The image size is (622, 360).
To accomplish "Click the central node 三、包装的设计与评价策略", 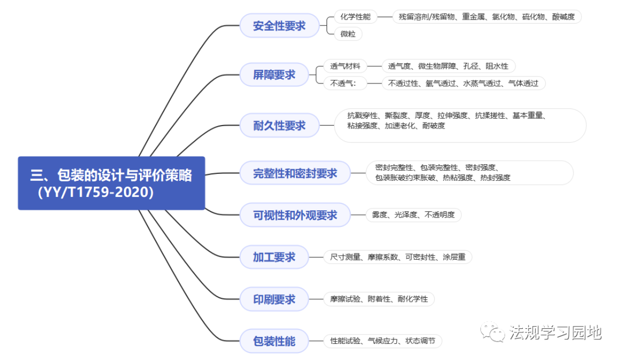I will click(x=111, y=183).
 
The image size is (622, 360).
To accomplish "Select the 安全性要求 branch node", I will click(x=279, y=26).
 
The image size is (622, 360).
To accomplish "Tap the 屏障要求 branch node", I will click(x=274, y=75).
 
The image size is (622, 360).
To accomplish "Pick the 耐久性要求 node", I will click(x=279, y=126).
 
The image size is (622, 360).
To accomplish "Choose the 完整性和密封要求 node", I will click(x=295, y=173).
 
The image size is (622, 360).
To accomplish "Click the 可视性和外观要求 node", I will click(x=295, y=215).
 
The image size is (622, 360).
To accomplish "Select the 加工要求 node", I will click(x=274, y=257).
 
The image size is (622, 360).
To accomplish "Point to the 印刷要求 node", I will click(x=274, y=299).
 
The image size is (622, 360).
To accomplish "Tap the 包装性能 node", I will click(x=274, y=341).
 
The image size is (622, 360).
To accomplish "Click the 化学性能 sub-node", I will click(x=355, y=17).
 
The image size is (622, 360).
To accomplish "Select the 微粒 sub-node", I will click(x=348, y=34).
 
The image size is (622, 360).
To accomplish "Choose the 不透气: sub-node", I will click(x=344, y=84).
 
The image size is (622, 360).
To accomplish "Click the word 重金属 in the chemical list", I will click(x=474, y=17).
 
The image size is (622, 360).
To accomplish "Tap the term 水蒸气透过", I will click(x=481, y=84).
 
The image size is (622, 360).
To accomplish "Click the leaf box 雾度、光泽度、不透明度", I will click(x=413, y=215).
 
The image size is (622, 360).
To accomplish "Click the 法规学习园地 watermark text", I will click(x=555, y=332).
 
